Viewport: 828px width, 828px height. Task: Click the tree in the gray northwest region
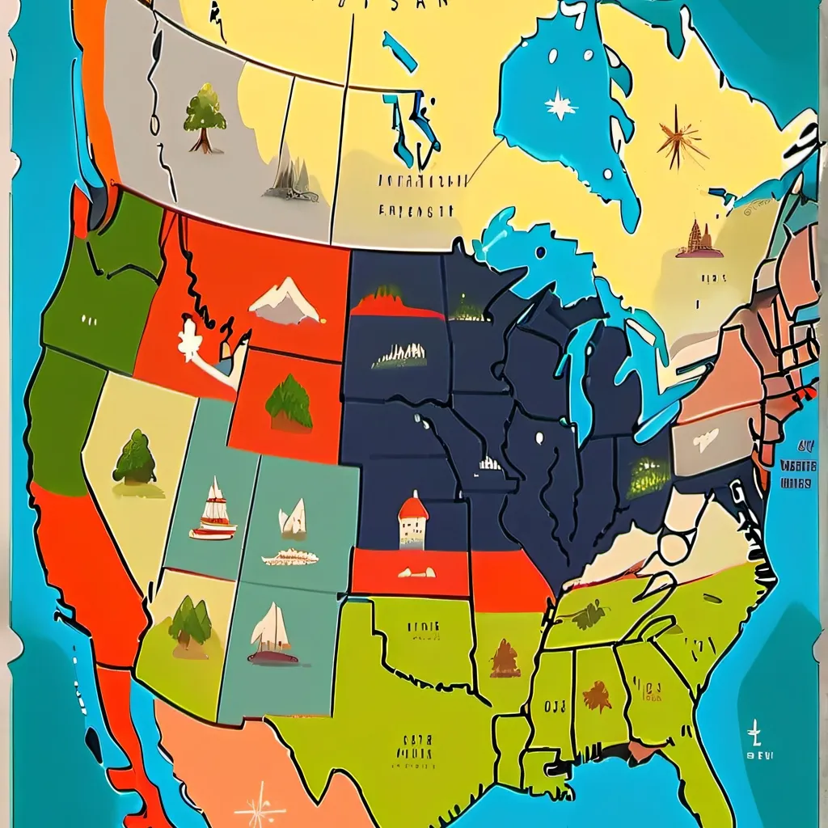[204, 118]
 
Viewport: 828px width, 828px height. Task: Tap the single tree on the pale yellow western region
[134, 458]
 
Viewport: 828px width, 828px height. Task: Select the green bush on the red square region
[289, 402]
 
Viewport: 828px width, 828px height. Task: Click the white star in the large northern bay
[560, 104]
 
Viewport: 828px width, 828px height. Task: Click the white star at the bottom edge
[260, 809]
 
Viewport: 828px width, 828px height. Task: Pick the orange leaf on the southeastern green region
[597, 695]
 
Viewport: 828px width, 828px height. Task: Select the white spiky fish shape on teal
[290, 557]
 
